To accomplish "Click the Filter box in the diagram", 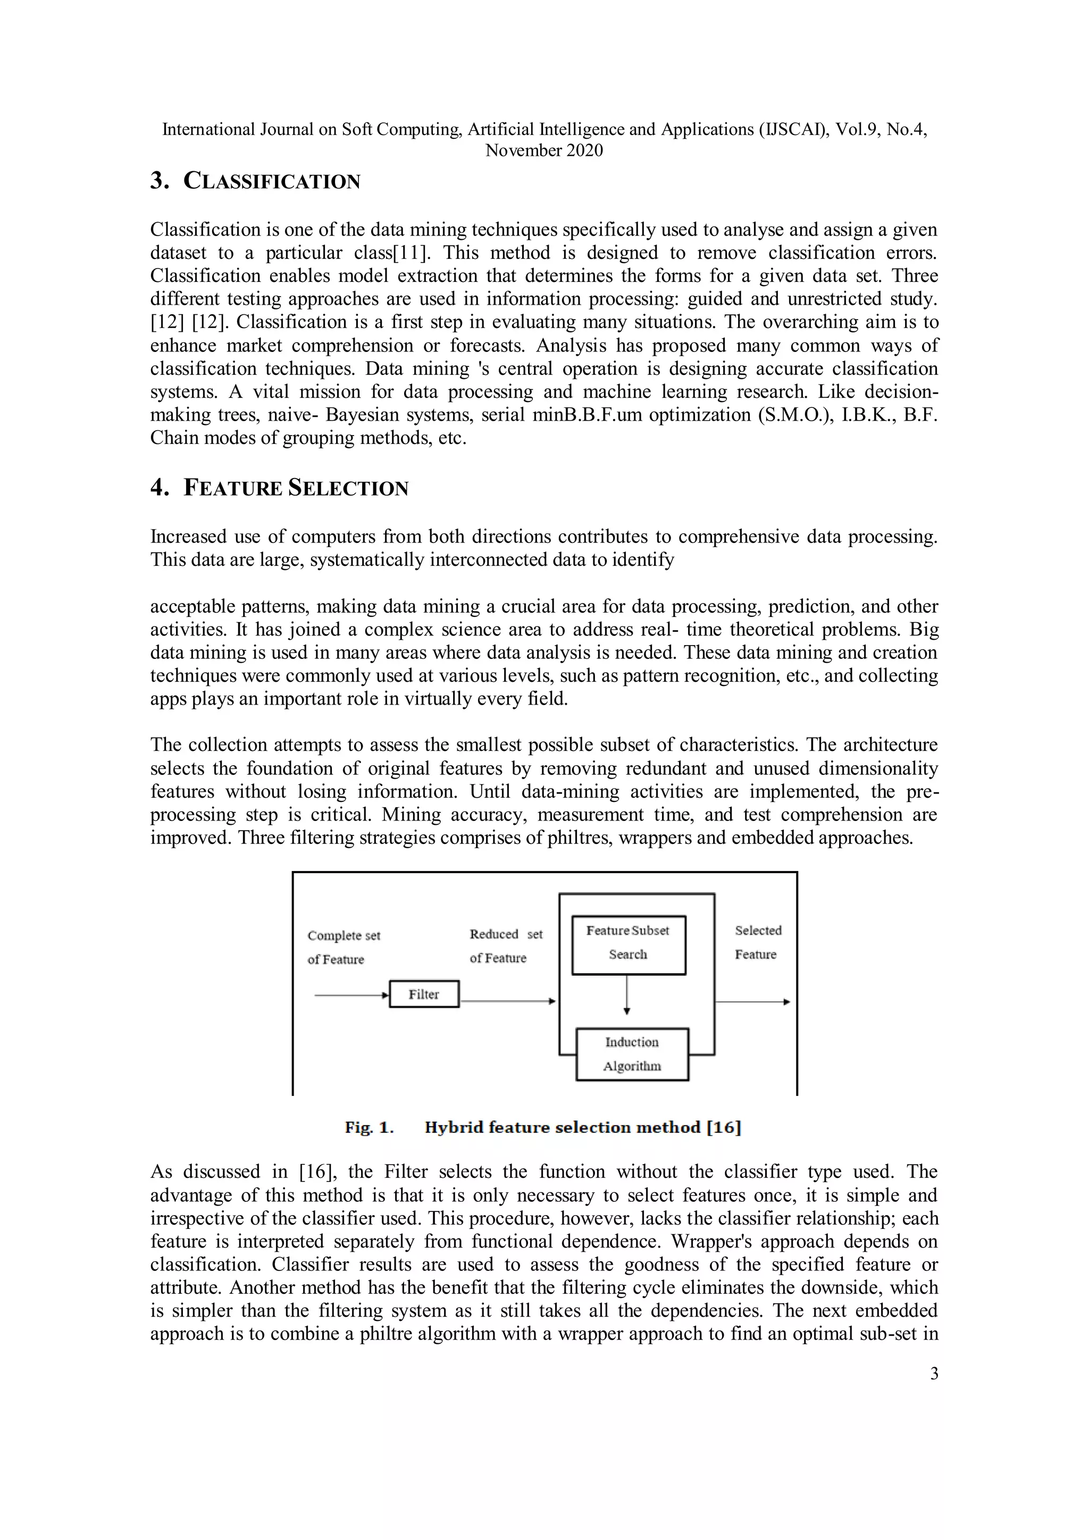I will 424,994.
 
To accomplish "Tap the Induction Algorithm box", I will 632,1054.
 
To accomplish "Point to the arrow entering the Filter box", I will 351,996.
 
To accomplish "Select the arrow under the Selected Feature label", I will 752,1002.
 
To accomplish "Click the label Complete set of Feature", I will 344,947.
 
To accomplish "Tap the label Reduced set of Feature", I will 506,945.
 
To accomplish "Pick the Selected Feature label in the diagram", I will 758,942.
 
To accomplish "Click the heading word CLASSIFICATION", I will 272,182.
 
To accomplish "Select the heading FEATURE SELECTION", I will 296,488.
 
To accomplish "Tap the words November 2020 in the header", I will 544,151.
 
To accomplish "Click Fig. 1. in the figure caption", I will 369,1127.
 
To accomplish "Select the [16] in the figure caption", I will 724,1127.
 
